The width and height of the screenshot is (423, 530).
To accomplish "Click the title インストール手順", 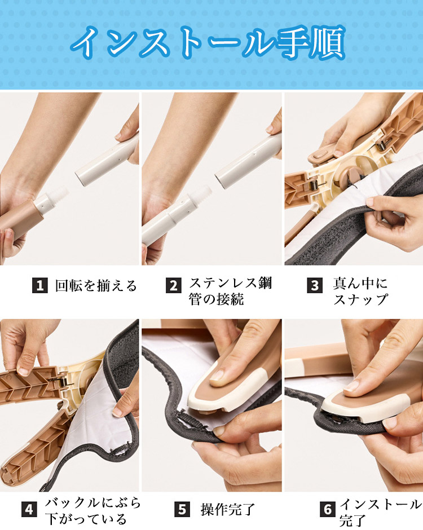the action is point(208,43).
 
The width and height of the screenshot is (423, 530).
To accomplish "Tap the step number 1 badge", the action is point(39,285).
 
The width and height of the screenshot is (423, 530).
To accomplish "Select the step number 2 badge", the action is point(174,285).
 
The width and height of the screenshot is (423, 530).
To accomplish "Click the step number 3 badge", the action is point(315,285).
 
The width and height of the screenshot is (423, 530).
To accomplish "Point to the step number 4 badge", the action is point(29,509).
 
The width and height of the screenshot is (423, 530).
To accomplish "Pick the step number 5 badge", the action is point(182,509).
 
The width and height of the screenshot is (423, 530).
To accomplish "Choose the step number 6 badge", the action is point(328,509).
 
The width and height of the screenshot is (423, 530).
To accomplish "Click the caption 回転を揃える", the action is point(96,286).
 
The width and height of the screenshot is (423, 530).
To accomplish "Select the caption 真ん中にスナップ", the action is point(360,291).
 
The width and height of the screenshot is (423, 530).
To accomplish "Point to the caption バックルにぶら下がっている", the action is point(92,511).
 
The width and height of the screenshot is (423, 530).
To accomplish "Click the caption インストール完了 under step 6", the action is point(380,512).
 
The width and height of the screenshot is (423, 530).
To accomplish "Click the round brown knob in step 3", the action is point(349,175).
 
